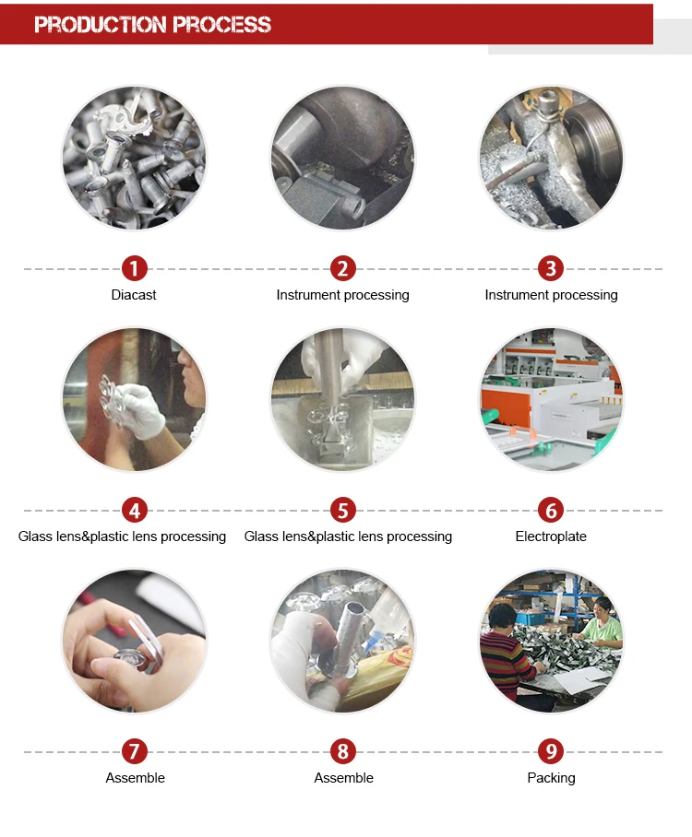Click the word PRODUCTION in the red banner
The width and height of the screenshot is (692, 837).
[x=101, y=25]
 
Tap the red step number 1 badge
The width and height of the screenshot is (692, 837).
[x=134, y=268]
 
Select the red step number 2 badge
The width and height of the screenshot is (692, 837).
[x=342, y=268]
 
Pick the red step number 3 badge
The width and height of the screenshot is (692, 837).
[x=551, y=268]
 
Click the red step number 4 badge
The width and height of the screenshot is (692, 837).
[x=134, y=511]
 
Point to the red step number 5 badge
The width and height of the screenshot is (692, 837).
[x=342, y=511]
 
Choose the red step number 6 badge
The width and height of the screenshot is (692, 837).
[x=551, y=511]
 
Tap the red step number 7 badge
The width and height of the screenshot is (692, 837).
[x=134, y=751]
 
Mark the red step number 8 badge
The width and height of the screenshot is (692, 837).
[x=342, y=751]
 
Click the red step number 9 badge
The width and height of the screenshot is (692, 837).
[x=551, y=751]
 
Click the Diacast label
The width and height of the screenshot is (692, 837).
[x=134, y=295]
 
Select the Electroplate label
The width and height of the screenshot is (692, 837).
[x=551, y=536]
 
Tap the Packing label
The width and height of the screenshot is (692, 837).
[x=551, y=778]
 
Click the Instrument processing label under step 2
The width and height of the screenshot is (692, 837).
[x=342, y=295]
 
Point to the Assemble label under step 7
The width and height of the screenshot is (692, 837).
[x=136, y=778]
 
